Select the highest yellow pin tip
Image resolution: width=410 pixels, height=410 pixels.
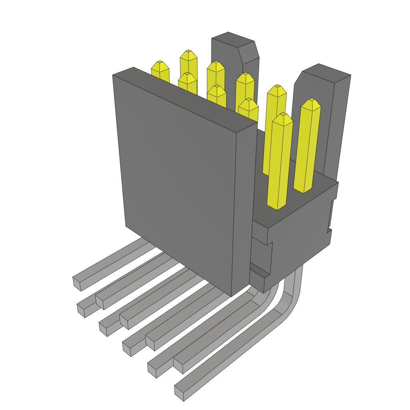[x=188, y=56]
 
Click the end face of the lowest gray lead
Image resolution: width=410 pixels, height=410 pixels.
[x=179, y=393]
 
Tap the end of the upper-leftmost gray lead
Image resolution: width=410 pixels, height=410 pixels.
[x=77, y=283]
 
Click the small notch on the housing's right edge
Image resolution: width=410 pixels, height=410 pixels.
[x=330, y=230]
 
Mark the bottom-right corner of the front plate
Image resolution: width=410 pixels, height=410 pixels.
[x=232, y=295]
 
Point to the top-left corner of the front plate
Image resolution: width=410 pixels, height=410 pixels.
[x=113, y=75]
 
